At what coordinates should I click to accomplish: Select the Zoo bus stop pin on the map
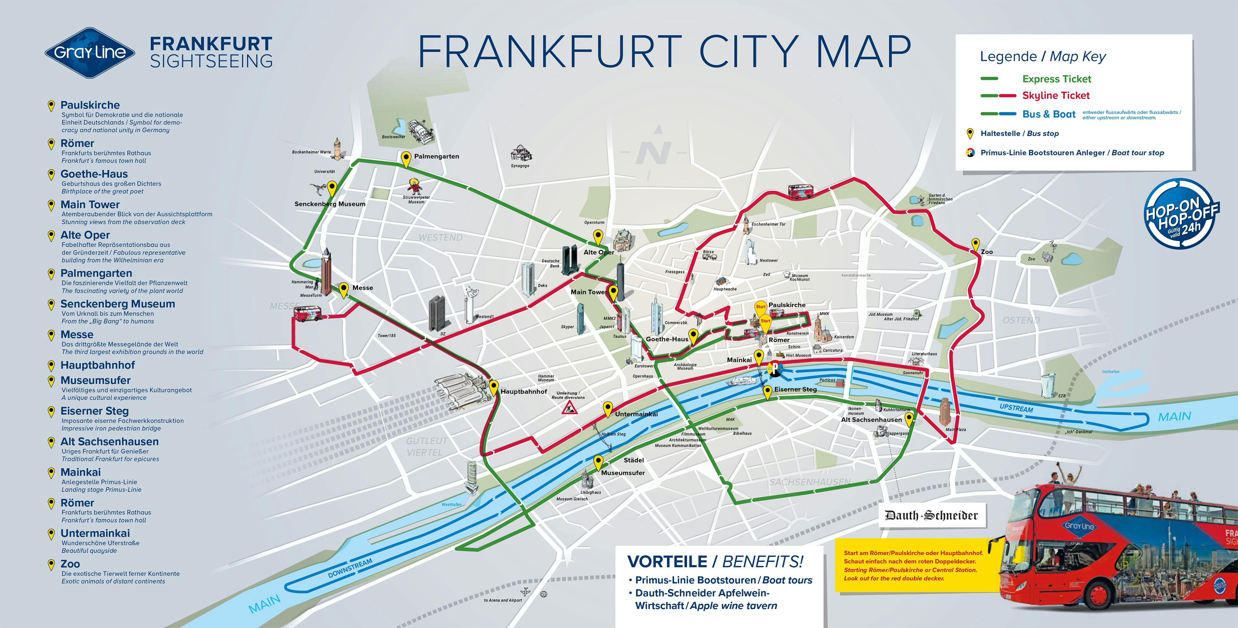click(975, 245)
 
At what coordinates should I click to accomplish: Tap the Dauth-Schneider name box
click(931, 516)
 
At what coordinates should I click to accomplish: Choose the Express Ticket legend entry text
click(1056, 79)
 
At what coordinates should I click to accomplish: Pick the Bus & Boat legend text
click(1049, 114)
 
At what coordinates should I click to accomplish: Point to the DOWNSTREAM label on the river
click(350, 568)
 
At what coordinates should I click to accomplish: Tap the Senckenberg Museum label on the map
click(330, 204)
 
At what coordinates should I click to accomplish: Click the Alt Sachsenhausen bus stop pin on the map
click(909, 419)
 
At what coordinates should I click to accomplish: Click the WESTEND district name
click(440, 237)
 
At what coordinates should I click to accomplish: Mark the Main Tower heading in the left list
click(90, 205)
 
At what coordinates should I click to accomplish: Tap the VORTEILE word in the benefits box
click(667, 561)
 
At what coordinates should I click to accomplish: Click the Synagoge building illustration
click(521, 154)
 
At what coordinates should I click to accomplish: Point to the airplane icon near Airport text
click(525, 591)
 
